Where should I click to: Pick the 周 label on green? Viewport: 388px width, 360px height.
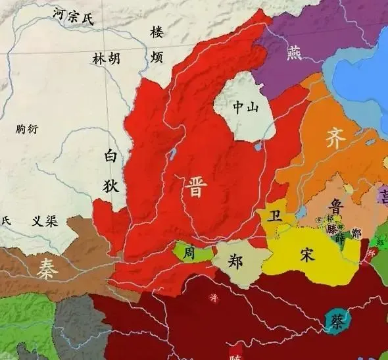(189, 253)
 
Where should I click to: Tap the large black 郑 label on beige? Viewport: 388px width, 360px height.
(235, 260)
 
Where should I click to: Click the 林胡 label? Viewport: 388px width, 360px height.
(106, 59)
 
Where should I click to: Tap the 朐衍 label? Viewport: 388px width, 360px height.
(28, 130)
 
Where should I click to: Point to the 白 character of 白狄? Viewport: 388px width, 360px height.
(110, 157)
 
